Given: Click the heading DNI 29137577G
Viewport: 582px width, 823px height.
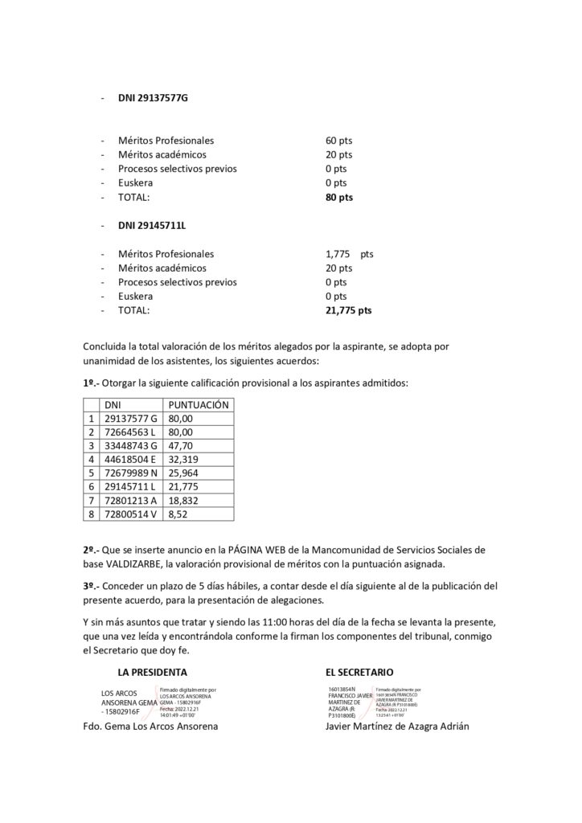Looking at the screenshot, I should point(152,98).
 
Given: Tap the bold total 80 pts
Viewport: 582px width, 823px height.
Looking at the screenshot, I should point(338,197).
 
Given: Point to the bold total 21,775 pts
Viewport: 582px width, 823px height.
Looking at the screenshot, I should point(348,310).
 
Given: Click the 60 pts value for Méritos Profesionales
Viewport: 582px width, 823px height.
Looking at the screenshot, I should point(338,141).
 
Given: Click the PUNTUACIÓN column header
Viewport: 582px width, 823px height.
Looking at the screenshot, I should point(198,405).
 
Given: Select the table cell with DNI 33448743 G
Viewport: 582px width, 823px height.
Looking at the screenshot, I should point(130,445).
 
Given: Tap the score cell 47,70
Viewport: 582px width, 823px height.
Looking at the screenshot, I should point(181,445).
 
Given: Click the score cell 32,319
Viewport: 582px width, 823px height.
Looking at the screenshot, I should point(183,459).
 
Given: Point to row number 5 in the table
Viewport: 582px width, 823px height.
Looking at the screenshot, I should point(91,473).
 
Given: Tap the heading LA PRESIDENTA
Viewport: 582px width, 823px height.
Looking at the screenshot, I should point(152,671).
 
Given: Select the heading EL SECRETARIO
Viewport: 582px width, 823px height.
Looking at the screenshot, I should point(359,671).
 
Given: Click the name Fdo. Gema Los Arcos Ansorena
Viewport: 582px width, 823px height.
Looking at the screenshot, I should point(150,726).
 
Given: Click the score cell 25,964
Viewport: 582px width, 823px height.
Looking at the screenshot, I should point(183,473).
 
